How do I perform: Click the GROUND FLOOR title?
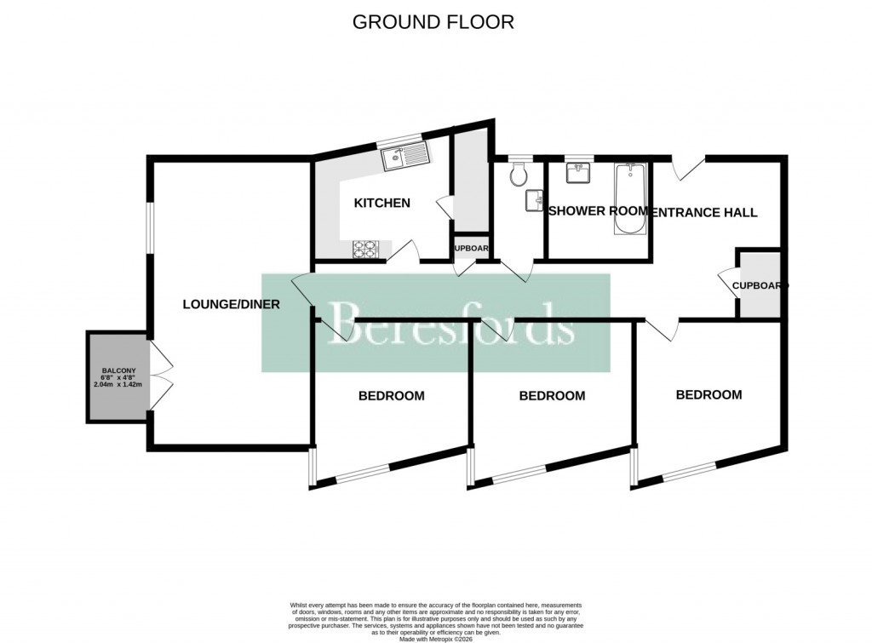click(x=433, y=22)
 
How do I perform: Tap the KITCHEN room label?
click(x=382, y=204)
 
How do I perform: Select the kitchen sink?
click(x=406, y=157)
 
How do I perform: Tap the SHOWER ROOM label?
click(x=597, y=211)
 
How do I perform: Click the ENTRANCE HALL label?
click(x=703, y=212)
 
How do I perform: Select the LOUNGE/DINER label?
click(x=232, y=304)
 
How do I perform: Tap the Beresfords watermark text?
click(x=451, y=324)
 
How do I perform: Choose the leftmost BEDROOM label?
click(x=391, y=396)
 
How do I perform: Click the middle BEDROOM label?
click(x=552, y=396)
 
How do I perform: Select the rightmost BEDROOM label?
click(x=708, y=395)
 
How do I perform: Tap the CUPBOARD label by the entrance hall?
click(x=760, y=286)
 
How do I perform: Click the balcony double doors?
click(x=161, y=373)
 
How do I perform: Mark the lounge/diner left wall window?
click(x=148, y=227)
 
